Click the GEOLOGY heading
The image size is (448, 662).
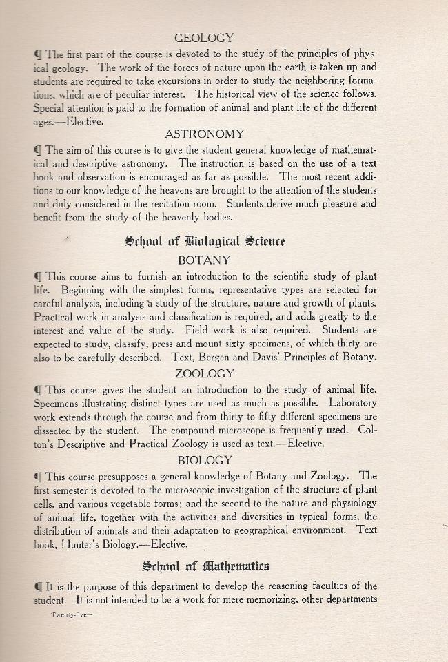coord(204,38)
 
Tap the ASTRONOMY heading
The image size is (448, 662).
coord(204,134)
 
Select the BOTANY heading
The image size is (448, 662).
coord(204,260)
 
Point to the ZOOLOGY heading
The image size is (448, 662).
coord(205,373)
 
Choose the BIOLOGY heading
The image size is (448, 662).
coord(205,459)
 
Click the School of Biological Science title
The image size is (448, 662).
coord(205,241)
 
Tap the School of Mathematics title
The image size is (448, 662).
coord(205,566)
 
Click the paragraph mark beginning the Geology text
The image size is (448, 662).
coord(37,54)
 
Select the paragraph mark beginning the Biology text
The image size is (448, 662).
coord(37,476)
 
